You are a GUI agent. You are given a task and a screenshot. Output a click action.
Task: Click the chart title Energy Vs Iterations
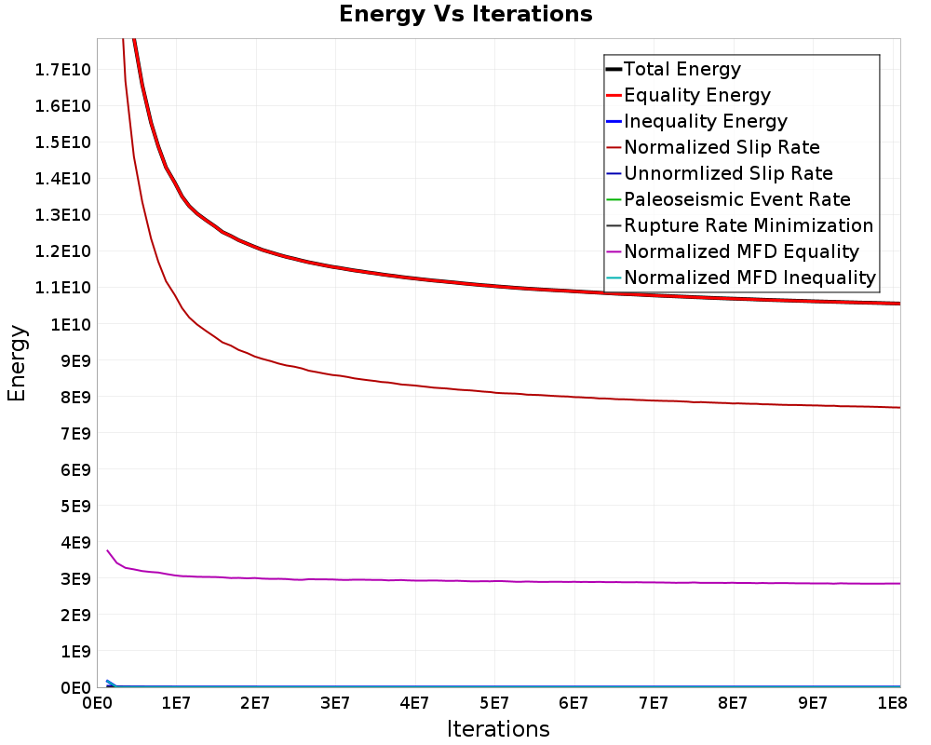tap(465, 14)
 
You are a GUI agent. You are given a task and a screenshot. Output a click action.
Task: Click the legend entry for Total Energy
tap(681, 69)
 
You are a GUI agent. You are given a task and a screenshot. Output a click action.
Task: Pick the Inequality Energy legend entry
tap(705, 121)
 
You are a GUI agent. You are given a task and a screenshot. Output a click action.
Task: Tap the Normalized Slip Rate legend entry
tap(722, 147)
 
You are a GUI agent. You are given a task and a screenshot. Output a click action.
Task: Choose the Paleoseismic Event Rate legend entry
tap(736, 199)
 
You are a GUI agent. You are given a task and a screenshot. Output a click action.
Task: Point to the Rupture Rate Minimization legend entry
tap(748, 225)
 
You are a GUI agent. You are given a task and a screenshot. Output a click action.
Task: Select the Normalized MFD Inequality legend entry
tap(749, 278)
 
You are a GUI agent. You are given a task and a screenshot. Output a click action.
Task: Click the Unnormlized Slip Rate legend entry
tap(728, 173)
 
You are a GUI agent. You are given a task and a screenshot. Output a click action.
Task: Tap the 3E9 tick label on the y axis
tap(74, 578)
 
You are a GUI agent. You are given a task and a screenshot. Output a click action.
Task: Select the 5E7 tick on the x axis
tap(493, 701)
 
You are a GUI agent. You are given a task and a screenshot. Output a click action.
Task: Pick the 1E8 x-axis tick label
tap(892, 701)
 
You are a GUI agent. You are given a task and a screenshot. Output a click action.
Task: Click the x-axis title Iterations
tap(498, 728)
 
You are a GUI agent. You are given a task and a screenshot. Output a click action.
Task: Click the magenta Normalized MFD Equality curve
tap(465, 581)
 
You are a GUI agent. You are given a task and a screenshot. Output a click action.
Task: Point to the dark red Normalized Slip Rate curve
tap(465, 390)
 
